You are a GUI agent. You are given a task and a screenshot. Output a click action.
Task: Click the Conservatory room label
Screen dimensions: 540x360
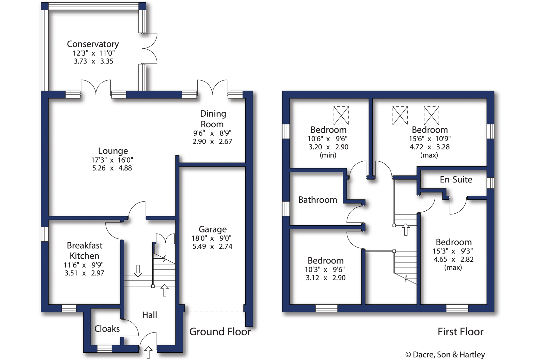[93, 44]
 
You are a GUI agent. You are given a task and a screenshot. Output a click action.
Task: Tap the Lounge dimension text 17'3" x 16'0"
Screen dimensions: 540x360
[112, 160]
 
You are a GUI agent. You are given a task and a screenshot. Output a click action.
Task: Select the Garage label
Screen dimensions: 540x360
[213, 229]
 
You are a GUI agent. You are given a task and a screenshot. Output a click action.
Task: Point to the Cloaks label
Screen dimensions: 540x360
[107, 329]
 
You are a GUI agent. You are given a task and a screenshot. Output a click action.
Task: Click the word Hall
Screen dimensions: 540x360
[149, 315]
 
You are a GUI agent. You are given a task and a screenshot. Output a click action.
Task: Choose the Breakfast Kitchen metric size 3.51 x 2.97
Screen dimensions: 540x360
[84, 273]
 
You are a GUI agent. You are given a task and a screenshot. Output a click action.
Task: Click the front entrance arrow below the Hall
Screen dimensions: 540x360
[148, 352]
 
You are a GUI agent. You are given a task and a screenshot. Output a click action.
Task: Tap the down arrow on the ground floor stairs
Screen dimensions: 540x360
[138, 271]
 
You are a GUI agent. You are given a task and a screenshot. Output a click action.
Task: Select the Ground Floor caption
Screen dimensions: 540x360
[220, 332]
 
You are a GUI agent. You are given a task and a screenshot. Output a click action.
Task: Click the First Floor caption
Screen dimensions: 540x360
[460, 332]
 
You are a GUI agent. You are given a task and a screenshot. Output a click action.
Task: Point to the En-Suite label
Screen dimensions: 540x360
[456, 179]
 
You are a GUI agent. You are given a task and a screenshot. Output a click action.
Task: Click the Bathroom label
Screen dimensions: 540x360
[317, 200]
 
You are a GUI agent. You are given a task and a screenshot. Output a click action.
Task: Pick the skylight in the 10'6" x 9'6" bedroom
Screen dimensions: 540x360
[341, 116]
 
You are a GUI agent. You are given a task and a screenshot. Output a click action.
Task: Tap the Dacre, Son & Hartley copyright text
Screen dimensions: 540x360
[445, 354]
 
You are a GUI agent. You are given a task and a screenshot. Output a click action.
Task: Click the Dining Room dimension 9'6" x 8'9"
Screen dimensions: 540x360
[212, 133]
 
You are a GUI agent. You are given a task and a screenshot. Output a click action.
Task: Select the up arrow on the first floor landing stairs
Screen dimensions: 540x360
[406, 229]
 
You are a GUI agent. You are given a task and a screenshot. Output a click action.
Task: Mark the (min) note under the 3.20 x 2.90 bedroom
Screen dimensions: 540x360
[328, 155]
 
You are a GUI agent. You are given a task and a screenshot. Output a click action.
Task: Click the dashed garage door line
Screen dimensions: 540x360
[214, 312]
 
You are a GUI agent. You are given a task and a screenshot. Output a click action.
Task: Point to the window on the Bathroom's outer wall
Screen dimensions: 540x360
[286, 209]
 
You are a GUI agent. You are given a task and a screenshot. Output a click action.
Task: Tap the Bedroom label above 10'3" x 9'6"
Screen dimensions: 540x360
[326, 260]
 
